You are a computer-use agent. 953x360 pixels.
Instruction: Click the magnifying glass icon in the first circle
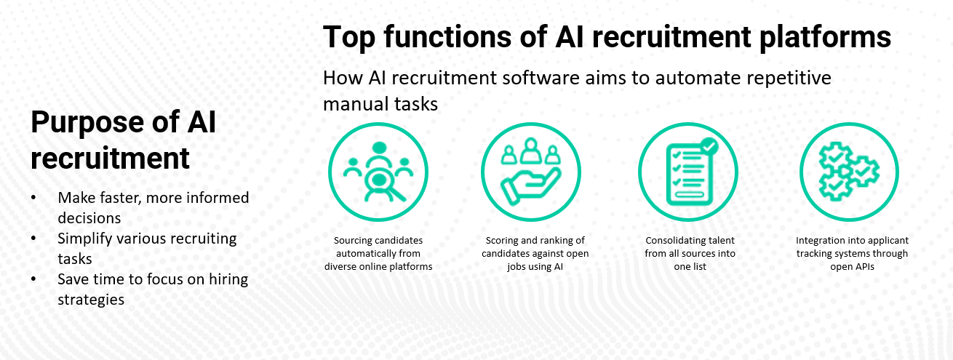[385, 186]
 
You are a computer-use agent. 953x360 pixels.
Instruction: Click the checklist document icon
[689, 175]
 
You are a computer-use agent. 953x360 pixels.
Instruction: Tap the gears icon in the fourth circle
[848, 171]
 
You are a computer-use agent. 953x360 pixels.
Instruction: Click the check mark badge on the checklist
[709, 146]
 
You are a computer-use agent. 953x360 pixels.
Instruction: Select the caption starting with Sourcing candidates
[378, 253]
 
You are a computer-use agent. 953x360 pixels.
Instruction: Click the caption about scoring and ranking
[535, 253]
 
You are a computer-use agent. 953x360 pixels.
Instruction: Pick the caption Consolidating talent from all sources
[690, 253]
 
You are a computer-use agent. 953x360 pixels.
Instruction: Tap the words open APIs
[852, 267]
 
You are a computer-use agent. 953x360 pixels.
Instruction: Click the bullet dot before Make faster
[33, 197]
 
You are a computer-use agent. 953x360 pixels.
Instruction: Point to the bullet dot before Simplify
[33, 239]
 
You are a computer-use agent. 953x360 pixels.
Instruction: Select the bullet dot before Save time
[33, 279]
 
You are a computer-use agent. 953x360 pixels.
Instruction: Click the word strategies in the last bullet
[91, 300]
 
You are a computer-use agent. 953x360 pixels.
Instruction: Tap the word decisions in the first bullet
[89, 218]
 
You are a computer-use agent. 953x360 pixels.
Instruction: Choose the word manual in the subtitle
[355, 104]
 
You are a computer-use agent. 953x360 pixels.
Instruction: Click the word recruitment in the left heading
[110, 159]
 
